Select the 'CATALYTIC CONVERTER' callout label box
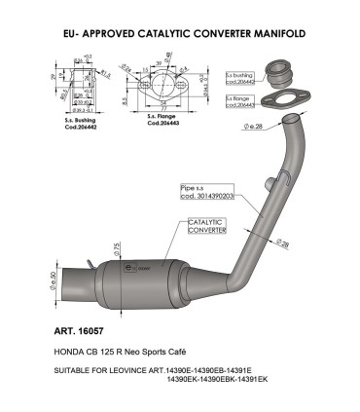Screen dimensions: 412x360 click(205, 227)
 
